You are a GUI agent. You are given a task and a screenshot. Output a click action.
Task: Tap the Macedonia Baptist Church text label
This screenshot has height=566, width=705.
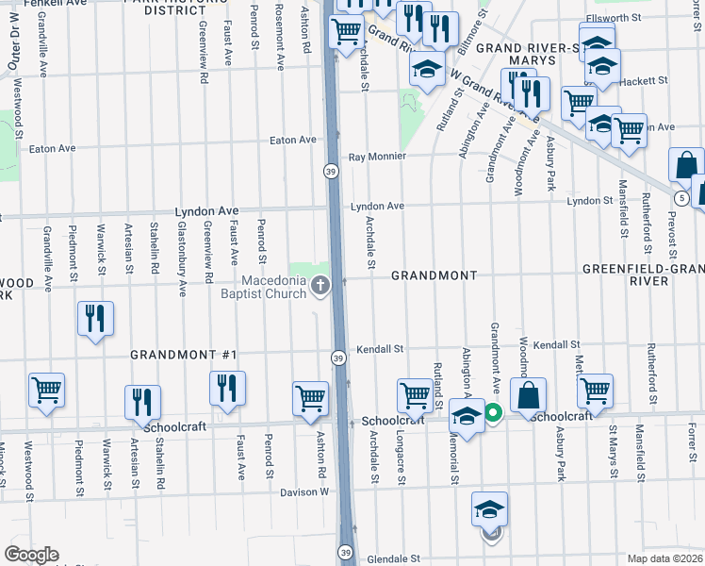coord(273,287)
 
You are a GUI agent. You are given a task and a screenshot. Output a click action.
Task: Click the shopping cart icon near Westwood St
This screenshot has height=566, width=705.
coord(46,390)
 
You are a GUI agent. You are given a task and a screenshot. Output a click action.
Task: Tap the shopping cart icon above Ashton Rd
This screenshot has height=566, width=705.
coord(310,399)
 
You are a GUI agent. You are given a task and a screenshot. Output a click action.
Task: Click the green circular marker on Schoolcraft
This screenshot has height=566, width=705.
coord(493,412)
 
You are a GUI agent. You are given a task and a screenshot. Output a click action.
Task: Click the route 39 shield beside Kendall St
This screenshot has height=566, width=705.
coord(337,357)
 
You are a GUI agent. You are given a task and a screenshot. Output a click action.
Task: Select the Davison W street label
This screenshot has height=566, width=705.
coord(304,492)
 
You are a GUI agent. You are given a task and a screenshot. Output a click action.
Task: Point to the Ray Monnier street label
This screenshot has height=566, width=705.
coord(377,157)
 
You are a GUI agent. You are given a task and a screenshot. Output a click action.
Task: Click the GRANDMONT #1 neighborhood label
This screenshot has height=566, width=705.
coord(184,355)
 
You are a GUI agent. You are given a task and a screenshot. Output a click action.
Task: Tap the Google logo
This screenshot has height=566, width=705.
coord(31,555)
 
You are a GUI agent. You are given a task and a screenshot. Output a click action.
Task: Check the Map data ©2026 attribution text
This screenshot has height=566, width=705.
coord(665,559)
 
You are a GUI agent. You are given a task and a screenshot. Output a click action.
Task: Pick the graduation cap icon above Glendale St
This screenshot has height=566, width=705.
coord(489,509)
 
